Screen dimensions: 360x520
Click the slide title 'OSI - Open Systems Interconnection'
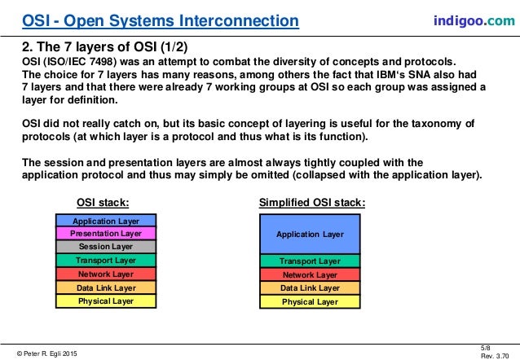pyautogui.click(x=159, y=19)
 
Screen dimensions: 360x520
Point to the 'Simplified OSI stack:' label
pyautogui.click(x=311, y=202)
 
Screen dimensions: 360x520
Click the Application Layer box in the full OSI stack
pyautogui.click(x=105, y=221)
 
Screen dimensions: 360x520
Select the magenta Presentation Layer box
pyautogui.click(x=105, y=233)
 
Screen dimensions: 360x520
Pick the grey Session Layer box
pyautogui.click(x=105, y=246)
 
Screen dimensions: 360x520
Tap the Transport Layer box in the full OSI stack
pyautogui.click(x=105, y=261)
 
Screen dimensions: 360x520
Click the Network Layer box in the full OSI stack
pyautogui.click(x=105, y=274)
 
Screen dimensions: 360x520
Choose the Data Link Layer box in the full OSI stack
pyautogui.click(x=105, y=288)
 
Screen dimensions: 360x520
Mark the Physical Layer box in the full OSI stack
pyautogui.click(x=105, y=301)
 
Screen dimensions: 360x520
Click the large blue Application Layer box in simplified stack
pyautogui.click(x=309, y=234)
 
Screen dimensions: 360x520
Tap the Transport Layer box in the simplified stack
pyautogui.click(x=309, y=261)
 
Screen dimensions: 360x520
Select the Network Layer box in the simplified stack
pyautogui.click(x=309, y=275)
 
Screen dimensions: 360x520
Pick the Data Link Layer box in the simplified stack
pyautogui.click(x=309, y=288)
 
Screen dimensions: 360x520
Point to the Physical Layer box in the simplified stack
pyautogui.click(x=309, y=301)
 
